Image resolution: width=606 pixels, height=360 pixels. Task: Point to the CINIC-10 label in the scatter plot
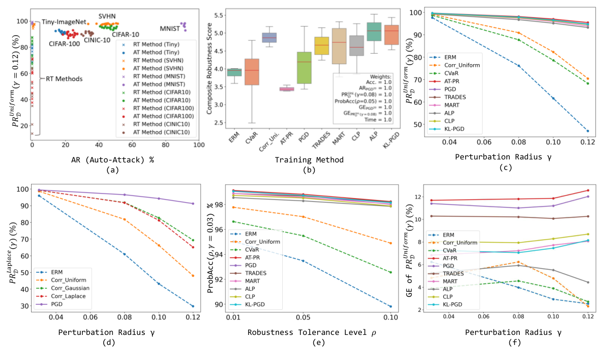pos(97,40)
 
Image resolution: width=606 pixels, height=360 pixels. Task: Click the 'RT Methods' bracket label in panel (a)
pos(64,79)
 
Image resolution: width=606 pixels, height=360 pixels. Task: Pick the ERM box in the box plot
pos(234,72)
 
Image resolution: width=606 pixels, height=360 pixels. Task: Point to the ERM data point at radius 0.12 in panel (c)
pos(587,131)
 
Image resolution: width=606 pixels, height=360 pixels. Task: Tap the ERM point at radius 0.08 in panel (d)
pos(124,254)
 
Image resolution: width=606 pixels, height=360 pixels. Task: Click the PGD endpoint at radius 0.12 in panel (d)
pos(193,204)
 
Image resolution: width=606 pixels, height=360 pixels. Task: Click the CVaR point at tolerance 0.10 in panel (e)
pos(390,272)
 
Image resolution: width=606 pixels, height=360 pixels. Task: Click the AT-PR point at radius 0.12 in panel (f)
pos(587,191)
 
